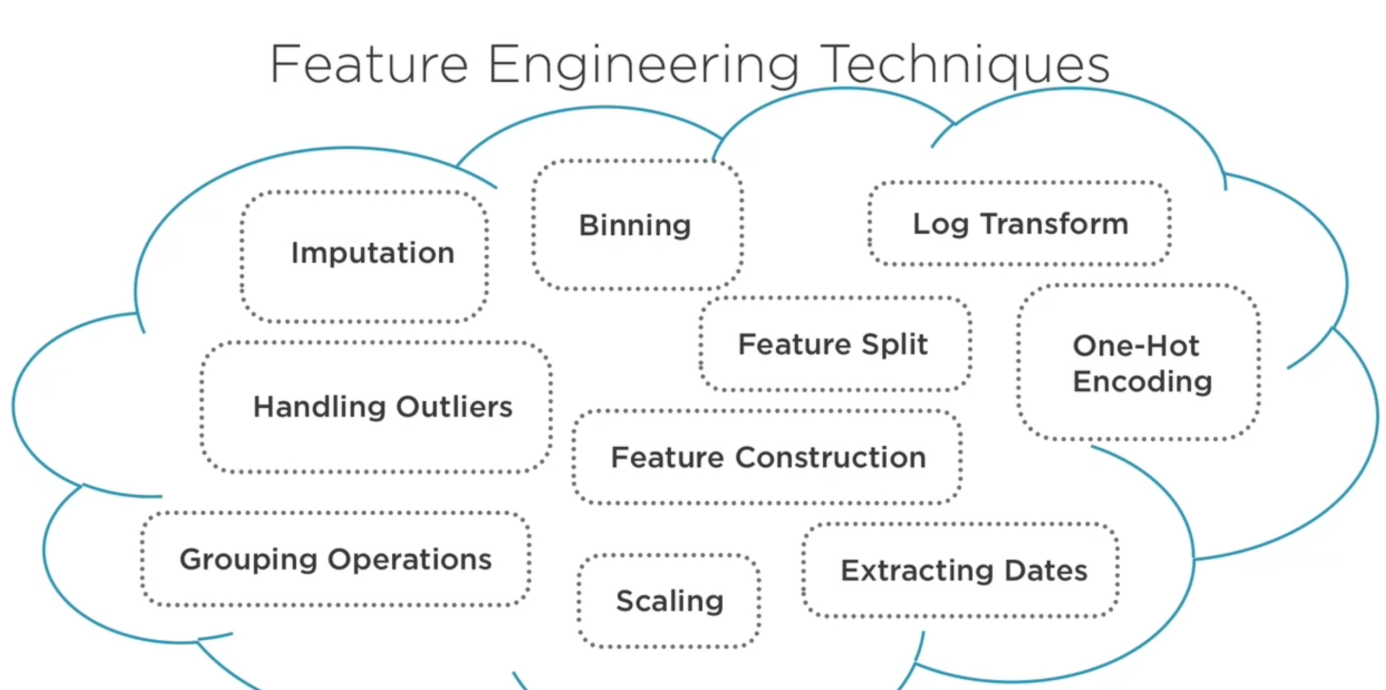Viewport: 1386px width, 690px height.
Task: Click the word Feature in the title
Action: [369, 64]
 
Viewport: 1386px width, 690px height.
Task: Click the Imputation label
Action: [373, 253]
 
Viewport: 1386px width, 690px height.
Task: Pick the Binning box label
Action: [635, 225]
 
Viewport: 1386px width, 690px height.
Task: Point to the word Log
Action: [940, 224]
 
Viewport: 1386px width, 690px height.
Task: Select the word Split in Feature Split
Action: [895, 344]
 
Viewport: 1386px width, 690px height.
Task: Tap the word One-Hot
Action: [1136, 346]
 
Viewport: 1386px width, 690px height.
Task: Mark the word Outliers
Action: [454, 407]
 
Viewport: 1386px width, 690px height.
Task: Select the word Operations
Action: [410, 559]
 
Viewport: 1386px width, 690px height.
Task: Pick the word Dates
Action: [1046, 571]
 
